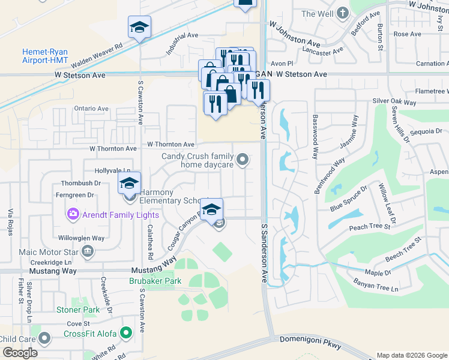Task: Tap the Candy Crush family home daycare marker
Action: pyautogui.click(x=243, y=159)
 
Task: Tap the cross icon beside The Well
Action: pyautogui.click(x=343, y=13)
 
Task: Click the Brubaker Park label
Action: pyautogui.click(x=155, y=281)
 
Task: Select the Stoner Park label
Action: pyautogui.click(x=78, y=310)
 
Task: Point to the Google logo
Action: pyautogui.click(x=20, y=353)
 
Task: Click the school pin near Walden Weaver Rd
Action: pyautogui.click(x=139, y=28)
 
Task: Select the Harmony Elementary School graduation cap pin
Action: pyautogui.click(x=129, y=183)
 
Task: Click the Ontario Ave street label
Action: pyautogui.click(x=91, y=109)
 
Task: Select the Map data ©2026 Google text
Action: pyautogui.click(x=412, y=355)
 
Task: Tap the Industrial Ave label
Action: pyautogui.click(x=182, y=43)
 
